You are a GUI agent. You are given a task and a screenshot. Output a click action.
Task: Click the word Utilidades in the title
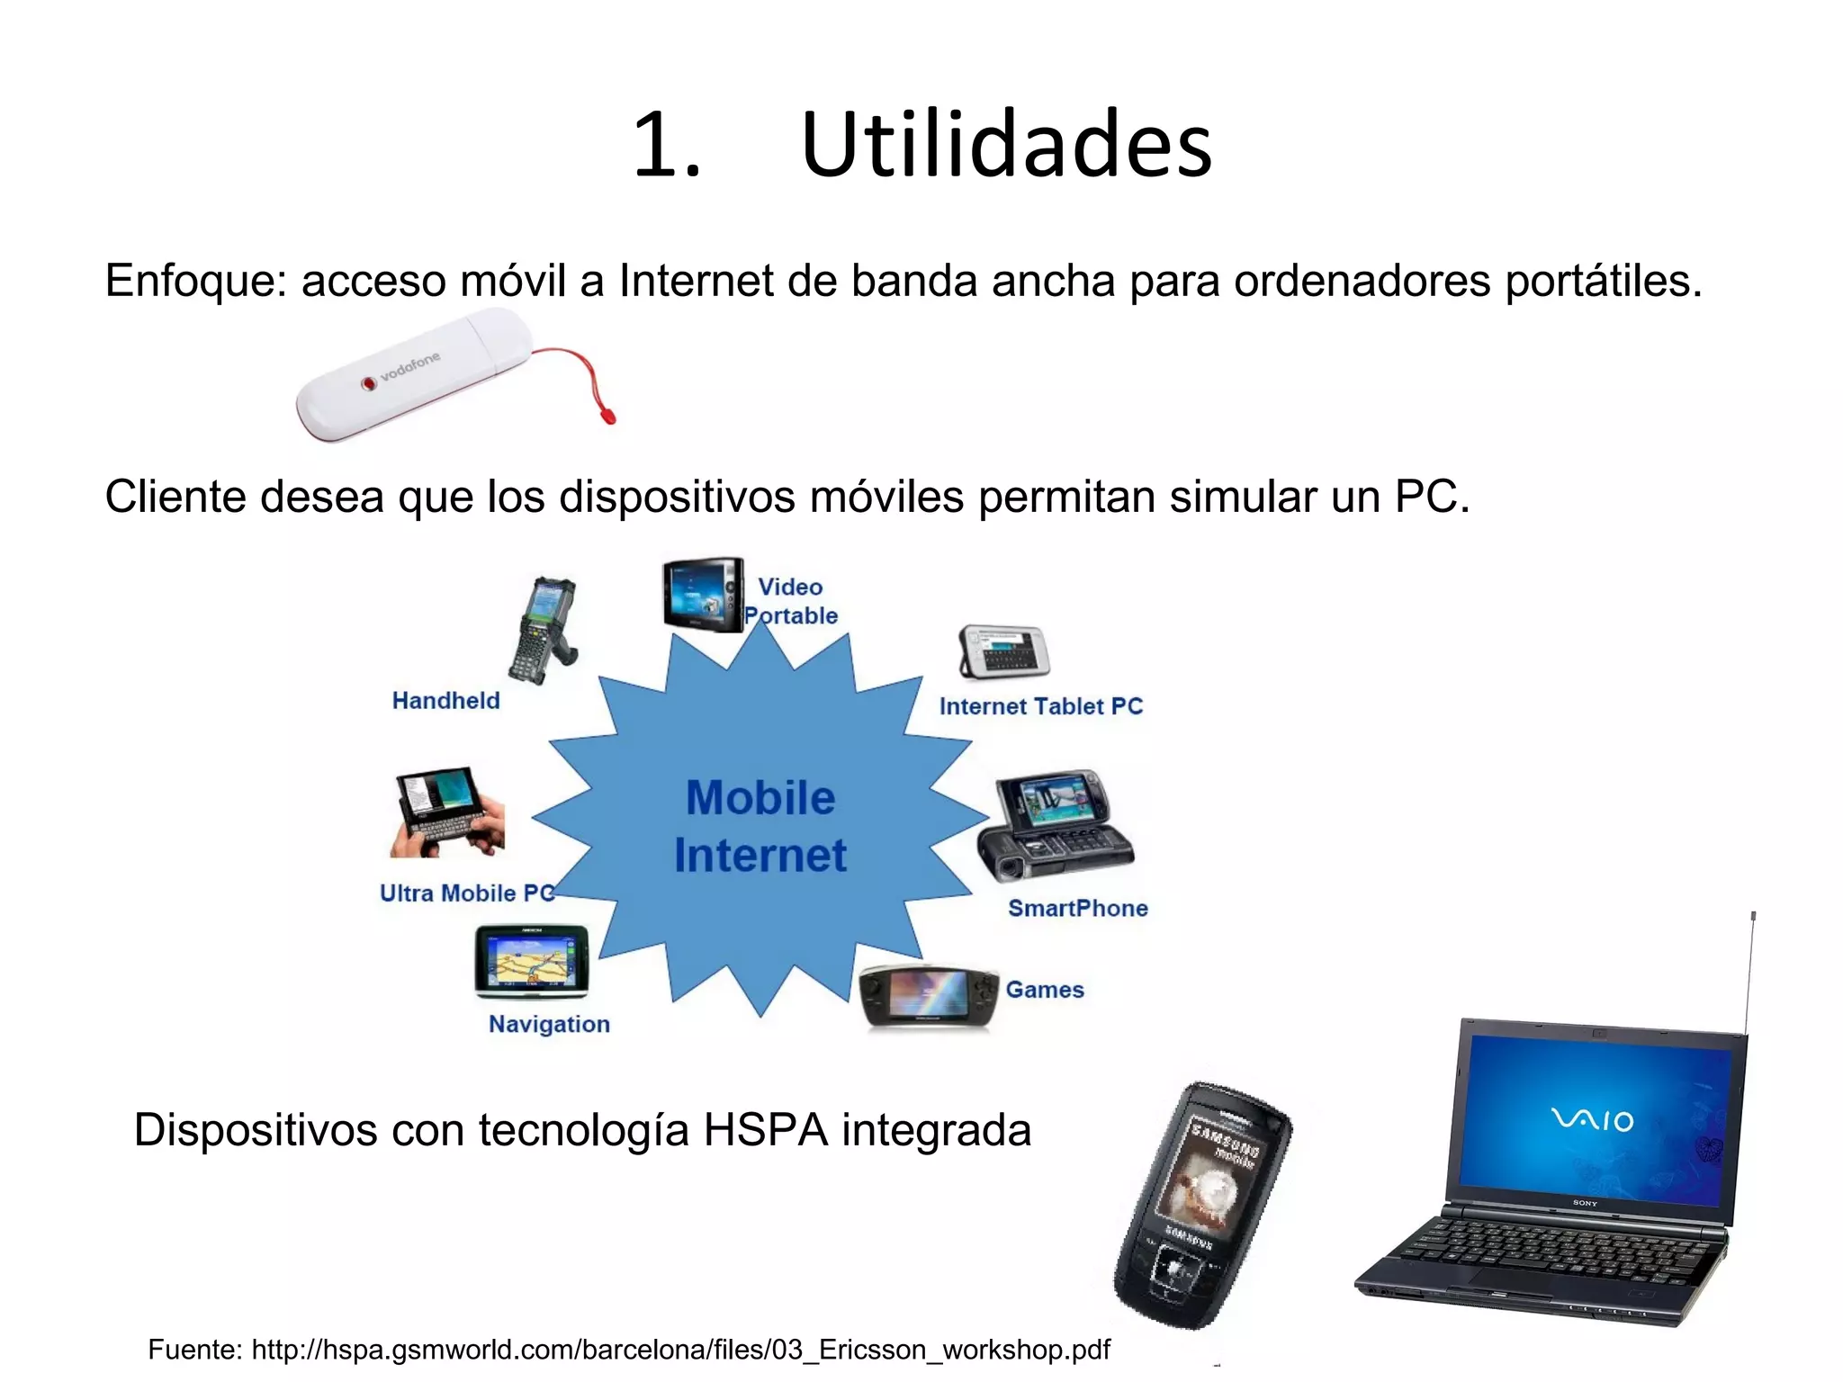(x=1006, y=146)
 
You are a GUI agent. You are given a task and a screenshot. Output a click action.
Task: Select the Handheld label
(x=445, y=701)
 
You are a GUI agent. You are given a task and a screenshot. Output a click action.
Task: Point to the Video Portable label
(x=790, y=601)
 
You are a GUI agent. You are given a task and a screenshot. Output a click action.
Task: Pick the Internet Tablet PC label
(x=1040, y=706)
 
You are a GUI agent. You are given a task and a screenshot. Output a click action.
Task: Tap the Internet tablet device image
(x=1003, y=651)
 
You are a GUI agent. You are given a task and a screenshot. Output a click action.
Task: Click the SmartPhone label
(x=1077, y=908)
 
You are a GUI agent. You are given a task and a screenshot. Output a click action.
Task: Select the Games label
(x=1044, y=990)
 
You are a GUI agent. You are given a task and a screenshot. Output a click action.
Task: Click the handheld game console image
(x=929, y=996)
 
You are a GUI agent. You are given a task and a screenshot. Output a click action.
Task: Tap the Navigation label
(x=549, y=1024)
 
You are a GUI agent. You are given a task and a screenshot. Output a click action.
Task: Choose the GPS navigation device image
(x=532, y=961)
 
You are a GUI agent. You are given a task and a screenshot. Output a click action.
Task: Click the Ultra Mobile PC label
(x=467, y=893)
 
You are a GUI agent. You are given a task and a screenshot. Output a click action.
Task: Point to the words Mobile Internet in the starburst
(x=760, y=826)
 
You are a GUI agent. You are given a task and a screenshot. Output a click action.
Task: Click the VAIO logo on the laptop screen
(x=1592, y=1120)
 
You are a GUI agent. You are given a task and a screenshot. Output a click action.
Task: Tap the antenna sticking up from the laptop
(x=1750, y=972)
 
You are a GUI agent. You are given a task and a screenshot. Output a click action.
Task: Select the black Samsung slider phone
(x=1201, y=1206)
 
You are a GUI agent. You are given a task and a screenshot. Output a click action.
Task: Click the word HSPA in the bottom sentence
(x=765, y=1130)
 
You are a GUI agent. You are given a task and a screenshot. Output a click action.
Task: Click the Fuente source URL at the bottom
(x=679, y=1350)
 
